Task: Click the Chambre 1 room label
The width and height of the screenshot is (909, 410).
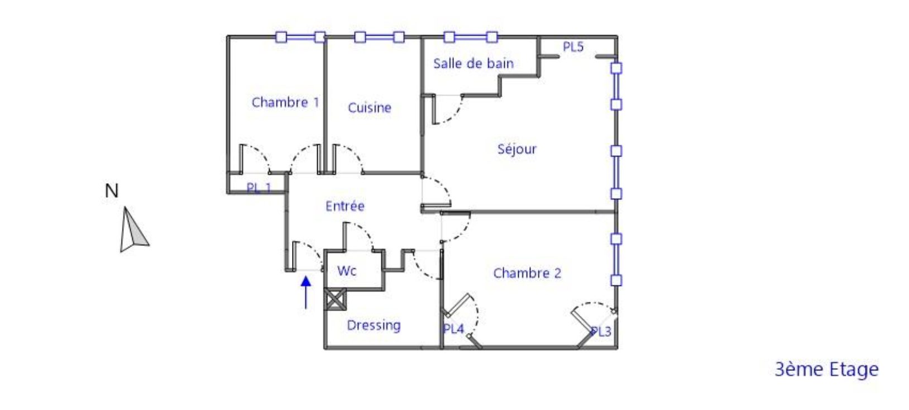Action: (285, 102)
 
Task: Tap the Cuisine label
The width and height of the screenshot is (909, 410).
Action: (369, 107)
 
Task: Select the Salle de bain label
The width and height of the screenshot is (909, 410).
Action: (473, 63)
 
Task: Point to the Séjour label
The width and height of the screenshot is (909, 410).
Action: (516, 149)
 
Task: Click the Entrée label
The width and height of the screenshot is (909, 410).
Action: (345, 206)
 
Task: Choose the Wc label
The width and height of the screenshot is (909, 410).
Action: (346, 271)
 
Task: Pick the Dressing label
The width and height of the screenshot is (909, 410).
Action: (374, 325)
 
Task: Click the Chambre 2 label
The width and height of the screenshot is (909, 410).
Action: (527, 273)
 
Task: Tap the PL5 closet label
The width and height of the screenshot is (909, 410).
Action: (573, 47)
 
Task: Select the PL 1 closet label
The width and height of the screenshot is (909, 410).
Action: (259, 188)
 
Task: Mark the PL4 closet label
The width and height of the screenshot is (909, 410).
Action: (453, 329)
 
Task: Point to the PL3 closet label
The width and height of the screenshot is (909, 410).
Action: (601, 332)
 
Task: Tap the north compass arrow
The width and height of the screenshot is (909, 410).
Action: (132, 230)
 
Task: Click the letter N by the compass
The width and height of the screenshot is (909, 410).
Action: (112, 191)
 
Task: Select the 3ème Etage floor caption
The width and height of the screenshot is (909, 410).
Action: (826, 369)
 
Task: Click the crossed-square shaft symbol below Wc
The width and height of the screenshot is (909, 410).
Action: (334, 299)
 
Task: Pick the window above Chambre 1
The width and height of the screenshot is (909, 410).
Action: (300, 37)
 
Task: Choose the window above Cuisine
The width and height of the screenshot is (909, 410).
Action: (379, 37)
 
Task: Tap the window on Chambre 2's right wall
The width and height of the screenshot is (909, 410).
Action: (616, 260)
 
